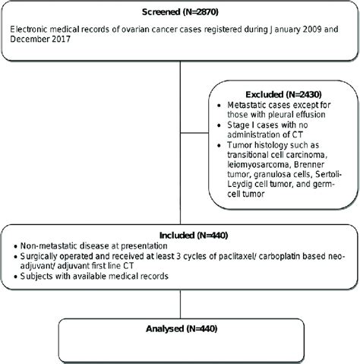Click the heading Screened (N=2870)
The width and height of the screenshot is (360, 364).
pyautogui.click(x=180, y=11)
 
